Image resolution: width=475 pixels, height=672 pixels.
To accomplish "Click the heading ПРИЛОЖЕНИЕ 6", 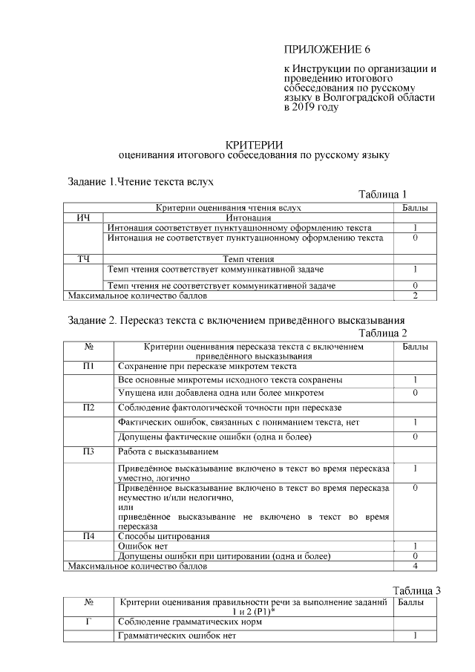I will [327, 50].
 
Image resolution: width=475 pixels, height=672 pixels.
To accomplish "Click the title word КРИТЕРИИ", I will [254, 144].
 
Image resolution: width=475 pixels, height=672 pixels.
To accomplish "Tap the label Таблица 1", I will [383, 195].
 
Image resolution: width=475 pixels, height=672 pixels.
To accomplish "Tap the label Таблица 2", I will [383, 332].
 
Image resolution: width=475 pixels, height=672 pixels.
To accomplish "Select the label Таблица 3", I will [416, 590].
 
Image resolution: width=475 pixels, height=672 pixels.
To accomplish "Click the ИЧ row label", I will [83, 218].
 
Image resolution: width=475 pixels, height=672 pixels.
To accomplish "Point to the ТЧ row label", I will [83, 259].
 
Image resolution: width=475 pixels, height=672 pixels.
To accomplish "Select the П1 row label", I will [89, 366].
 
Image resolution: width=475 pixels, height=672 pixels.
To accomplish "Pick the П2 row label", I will [89, 408].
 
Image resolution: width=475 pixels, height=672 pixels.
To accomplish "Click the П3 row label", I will [89, 451].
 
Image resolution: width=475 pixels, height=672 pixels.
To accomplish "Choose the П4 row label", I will [89, 535].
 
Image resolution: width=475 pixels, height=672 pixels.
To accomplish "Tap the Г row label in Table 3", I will [89, 622].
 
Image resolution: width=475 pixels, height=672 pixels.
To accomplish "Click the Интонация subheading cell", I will [249, 218].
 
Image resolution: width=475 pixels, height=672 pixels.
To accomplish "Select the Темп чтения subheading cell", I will [249, 259].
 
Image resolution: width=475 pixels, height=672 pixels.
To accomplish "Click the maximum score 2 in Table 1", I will [415, 296].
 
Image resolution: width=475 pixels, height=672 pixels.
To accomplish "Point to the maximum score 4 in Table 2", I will [415, 566].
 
